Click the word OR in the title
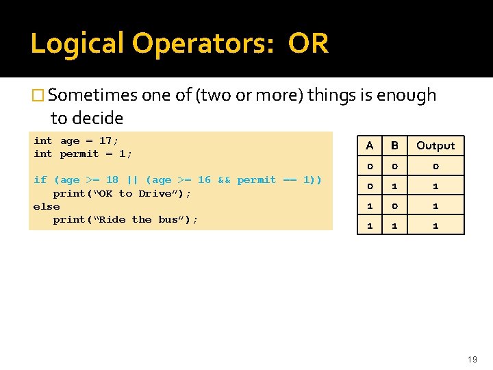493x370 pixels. (308, 44)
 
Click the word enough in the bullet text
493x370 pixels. (407, 95)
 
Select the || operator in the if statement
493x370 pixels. (132, 180)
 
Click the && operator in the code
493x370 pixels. (224, 180)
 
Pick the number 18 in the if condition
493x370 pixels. (112, 180)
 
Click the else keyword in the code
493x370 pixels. (47, 206)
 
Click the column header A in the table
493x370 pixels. (370, 145)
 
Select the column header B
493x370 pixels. (394, 145)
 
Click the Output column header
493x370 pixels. (435, 145)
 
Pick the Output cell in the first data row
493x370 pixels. (435, 166)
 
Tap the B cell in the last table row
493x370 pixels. (394, 225)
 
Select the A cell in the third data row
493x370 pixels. (370, 206)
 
